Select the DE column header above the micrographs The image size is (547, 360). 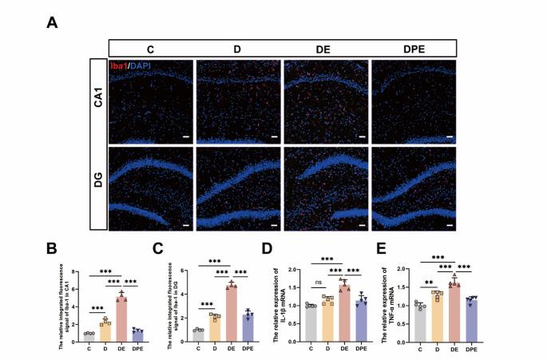coord(322,49)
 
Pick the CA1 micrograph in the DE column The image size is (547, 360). coord(326,100)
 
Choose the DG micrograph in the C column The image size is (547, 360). coord(151,187)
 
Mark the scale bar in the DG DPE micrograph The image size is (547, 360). coord(450,226)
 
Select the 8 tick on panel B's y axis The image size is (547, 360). coord(73,272)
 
